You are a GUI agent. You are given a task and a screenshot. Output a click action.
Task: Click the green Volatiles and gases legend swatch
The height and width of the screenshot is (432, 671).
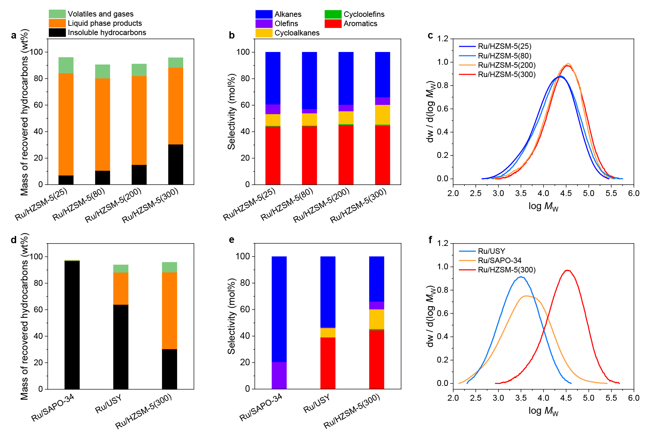57,14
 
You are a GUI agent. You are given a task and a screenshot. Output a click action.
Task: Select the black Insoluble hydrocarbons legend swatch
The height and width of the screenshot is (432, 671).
57,32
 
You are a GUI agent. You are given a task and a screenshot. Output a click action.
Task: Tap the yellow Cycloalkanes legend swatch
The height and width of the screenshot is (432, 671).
264,33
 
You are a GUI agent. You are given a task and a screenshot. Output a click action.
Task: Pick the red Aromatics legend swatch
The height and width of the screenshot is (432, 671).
333,23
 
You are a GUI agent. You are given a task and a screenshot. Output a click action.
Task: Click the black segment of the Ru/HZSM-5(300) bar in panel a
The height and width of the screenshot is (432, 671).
176,164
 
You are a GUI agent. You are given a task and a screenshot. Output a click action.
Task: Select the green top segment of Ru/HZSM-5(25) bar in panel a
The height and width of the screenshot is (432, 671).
66,65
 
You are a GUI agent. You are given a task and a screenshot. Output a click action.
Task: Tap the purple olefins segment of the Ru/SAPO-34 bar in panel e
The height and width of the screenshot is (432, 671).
279,375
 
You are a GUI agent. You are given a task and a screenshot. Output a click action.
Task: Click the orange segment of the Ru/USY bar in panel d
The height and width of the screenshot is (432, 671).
121,289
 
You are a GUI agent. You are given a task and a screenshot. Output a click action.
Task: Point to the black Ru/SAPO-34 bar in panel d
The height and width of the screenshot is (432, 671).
72,325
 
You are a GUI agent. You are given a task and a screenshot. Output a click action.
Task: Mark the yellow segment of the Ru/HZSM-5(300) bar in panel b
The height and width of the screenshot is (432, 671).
383,115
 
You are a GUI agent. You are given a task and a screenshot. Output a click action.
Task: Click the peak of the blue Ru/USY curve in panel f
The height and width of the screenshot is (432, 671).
521,277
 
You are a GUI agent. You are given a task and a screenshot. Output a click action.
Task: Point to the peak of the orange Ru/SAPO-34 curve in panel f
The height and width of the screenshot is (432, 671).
526,296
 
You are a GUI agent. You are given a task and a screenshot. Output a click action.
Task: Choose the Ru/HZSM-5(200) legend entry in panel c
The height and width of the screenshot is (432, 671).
507,65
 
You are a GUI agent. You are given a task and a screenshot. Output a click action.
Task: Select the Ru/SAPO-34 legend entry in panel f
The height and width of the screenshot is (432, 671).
499,260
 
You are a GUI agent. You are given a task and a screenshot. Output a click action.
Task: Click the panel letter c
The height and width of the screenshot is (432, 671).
430,35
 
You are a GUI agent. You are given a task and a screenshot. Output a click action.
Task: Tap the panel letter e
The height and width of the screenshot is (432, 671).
232,240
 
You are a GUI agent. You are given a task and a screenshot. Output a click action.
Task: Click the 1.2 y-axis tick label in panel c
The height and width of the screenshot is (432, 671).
443,39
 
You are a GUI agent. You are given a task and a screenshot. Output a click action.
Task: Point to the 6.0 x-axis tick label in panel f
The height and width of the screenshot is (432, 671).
634,398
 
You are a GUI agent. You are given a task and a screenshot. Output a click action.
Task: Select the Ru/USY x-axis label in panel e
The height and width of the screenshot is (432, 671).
317,403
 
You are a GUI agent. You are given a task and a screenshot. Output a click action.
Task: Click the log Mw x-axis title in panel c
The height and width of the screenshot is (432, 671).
543,206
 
